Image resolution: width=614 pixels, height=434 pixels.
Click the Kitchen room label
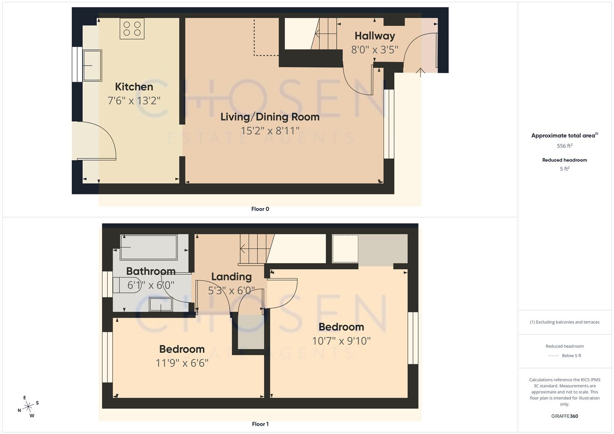click(x=134, y=87)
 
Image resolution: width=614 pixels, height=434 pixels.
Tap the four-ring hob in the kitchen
click(x=132, y=29)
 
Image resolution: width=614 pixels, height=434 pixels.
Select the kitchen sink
click(x=92, y=66)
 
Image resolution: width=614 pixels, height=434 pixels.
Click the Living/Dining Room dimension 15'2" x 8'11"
click(x=270, y=131)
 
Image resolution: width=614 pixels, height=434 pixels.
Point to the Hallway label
click(x=374, y=36)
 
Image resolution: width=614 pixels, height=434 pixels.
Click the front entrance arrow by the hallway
click(x=420, y=72)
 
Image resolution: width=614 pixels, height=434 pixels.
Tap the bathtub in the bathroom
click(x=149, y=248)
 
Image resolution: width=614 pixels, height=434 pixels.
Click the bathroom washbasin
click(x=161, y=304)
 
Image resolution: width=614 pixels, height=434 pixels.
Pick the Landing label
click(x=231, y=277)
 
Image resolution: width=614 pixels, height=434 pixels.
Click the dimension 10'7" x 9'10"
click(x=341, y=341)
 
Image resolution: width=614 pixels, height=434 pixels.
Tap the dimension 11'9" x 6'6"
click(x=182, y=363)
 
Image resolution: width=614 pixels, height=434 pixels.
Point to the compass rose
click(x=28, y=407)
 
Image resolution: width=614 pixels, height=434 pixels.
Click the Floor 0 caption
click(x=260, y=209)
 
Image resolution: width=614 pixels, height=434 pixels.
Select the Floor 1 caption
click(x=260, y=424)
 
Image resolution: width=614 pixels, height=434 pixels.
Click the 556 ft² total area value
click(x=564, y=146)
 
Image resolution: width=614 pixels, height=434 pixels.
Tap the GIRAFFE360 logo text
click(x=564, y=416)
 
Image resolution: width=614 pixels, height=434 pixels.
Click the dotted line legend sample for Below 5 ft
click(x=553, y=356)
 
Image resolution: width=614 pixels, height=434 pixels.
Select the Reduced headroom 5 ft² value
click(x=564, y=169)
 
